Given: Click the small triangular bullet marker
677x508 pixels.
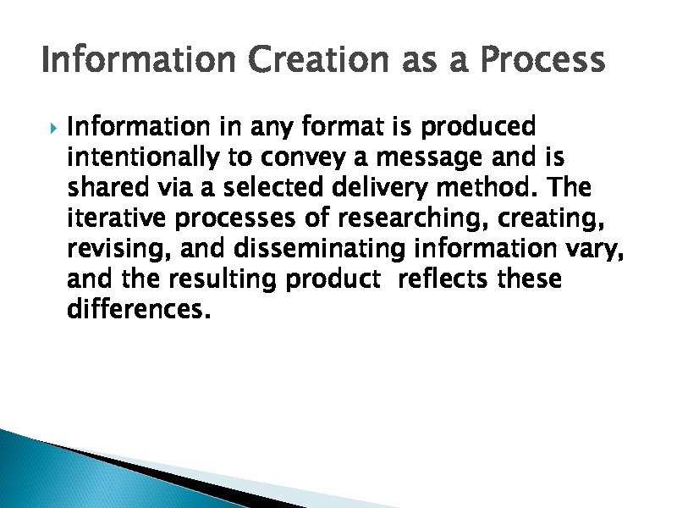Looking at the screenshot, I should point(52,129).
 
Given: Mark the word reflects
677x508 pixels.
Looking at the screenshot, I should point(441,279).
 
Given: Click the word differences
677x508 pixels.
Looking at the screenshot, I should point(135,310).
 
